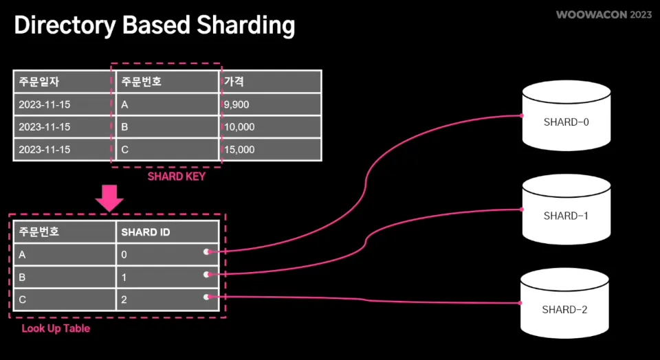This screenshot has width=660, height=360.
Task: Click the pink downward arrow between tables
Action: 109,197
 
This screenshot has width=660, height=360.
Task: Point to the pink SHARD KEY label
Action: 177,177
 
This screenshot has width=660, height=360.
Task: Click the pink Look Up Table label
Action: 56,328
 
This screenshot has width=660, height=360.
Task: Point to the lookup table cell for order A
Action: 64,255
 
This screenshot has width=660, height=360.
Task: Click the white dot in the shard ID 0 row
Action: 206,252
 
